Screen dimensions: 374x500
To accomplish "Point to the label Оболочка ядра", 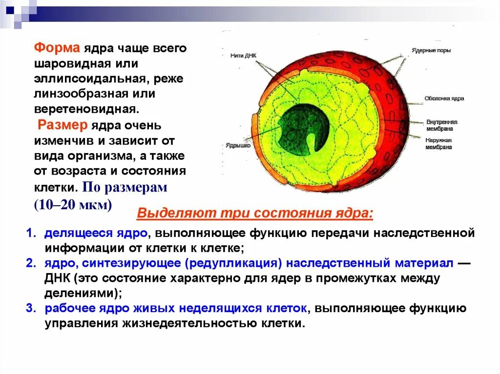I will pos(444,98).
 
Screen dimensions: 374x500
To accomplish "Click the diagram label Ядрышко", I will pos(238,145).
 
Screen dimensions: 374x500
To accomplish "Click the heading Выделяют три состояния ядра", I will pos(255,214).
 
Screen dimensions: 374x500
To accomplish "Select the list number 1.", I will pos(30,233).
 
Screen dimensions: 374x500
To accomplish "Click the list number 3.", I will pos(30,309).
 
